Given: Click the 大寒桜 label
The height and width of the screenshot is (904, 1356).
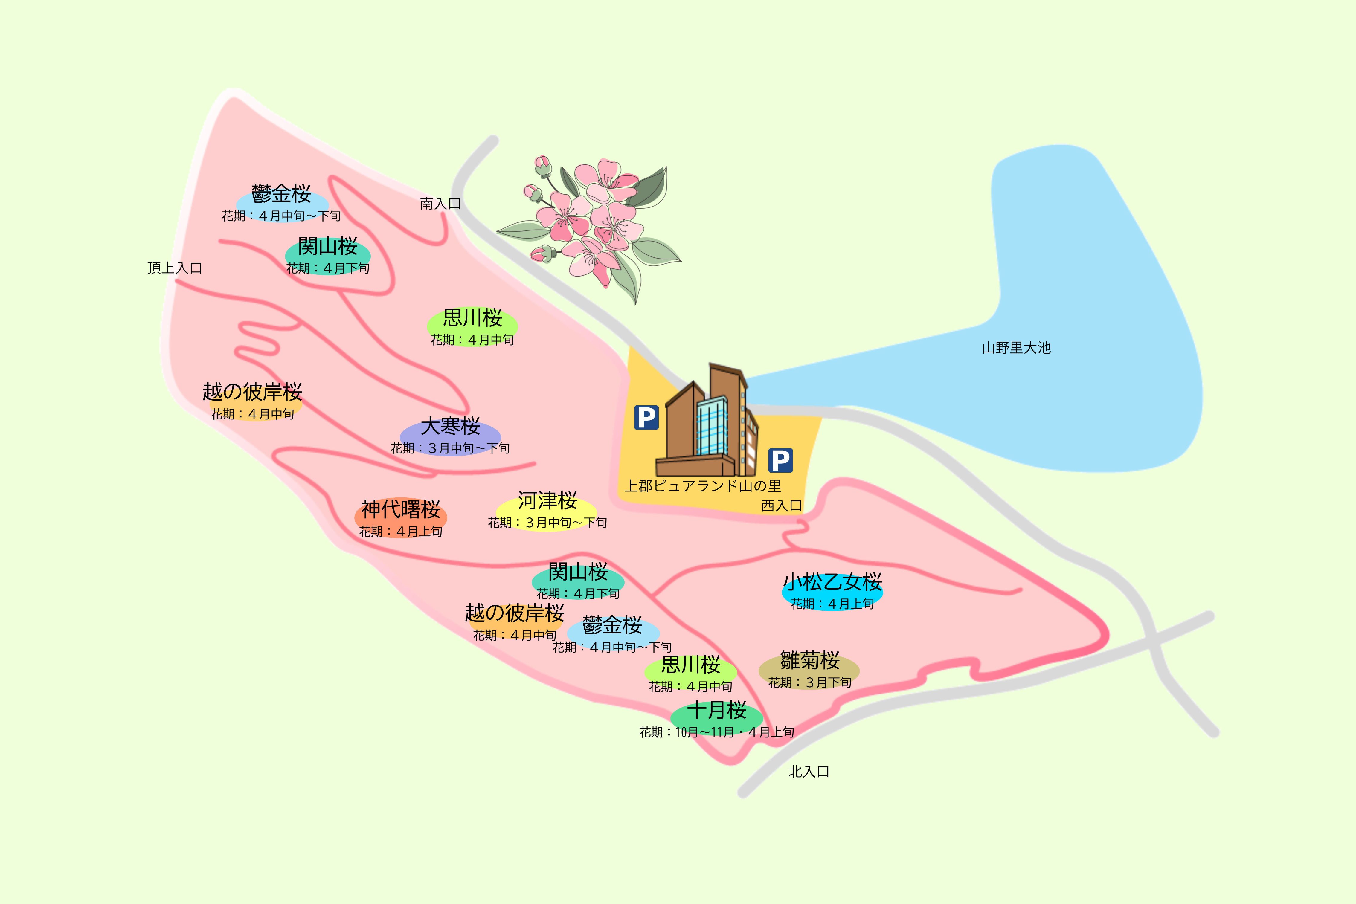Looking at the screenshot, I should (x=450, y=427).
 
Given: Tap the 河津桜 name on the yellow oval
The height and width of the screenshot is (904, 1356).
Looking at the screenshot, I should (x=547, y=501).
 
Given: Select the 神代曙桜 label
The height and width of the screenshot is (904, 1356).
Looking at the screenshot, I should (x=401, y=510).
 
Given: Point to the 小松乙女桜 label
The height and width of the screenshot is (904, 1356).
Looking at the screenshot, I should (x=832, y=582).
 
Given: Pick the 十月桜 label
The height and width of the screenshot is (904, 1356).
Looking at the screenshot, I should (x=717, y=710).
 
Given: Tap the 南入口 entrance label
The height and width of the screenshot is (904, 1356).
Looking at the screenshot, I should (x=440, y=204).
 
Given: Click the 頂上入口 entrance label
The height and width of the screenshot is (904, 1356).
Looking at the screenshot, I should (x=175, y=268).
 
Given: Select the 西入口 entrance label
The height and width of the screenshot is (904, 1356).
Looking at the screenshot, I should (x=781, y=506).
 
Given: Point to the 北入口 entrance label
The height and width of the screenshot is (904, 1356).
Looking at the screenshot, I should (x=808, y=771).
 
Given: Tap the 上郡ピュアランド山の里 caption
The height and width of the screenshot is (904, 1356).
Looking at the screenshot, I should (x=703, y=486).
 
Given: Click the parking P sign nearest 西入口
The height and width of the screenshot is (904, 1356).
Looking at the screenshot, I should (x=780, y=460).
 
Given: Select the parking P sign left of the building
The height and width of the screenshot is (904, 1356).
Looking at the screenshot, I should (x=646, y=417).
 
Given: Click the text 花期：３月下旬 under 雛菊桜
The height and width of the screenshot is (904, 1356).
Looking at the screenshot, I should (x=809, y=682).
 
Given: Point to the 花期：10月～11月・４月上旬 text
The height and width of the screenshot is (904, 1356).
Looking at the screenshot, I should (x=717, y=732).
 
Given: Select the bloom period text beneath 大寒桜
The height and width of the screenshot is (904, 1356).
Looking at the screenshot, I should (x=450, y=448).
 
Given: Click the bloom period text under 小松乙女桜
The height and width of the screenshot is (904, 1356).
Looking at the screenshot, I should (x=832, y=604).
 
